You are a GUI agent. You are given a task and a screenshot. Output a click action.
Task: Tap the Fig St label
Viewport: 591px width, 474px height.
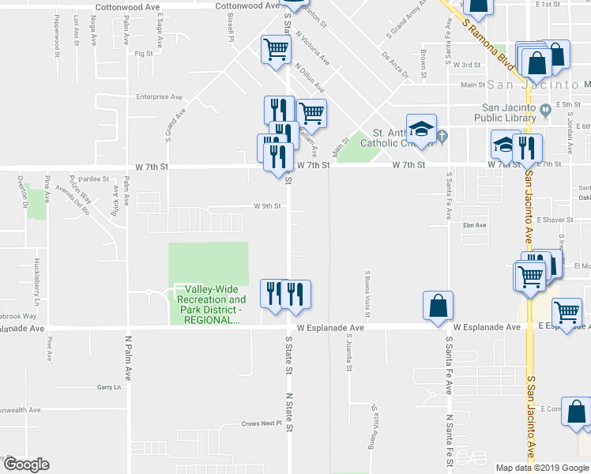[x=144, y=54]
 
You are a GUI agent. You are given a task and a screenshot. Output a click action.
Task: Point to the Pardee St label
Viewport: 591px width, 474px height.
[x=93, y=179]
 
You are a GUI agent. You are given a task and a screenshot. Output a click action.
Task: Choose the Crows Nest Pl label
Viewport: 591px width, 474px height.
[x=262, y=423]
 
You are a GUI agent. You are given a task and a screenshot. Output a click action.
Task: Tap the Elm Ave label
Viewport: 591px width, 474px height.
[x=474, y=224]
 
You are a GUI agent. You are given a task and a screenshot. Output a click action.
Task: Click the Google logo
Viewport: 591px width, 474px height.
[x=26, y=465]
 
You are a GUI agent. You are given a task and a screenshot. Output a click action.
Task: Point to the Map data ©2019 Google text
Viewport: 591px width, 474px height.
[x=543, y=468]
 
